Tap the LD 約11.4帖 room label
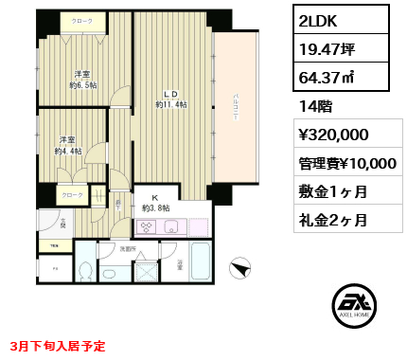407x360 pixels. pyautogui.click(x=170, y=99)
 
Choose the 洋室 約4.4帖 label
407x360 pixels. pyautogui.click(x=68, y=144)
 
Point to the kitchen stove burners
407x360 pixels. pyautogui.click(x=149, y=226)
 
